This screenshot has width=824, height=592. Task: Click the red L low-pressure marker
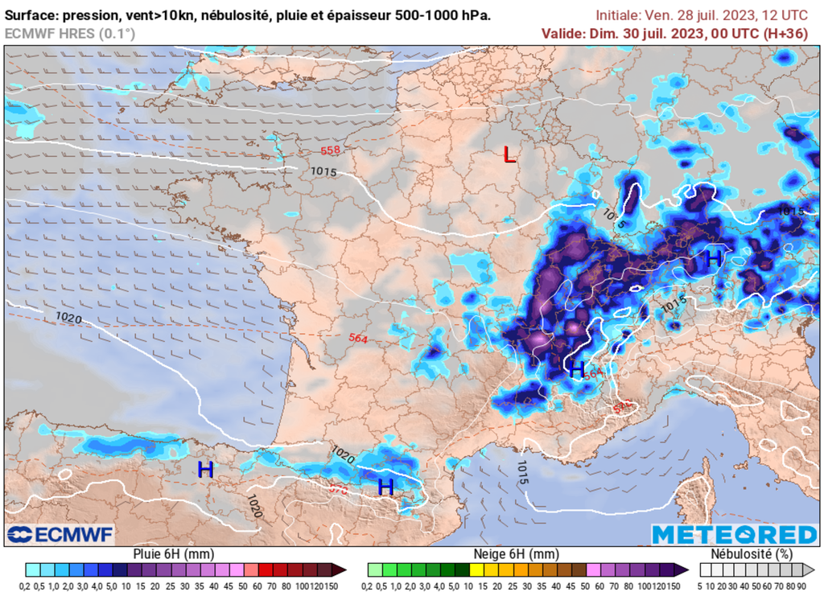[x=509, y=155]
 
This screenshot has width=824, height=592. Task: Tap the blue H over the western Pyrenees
[x=205, y=470]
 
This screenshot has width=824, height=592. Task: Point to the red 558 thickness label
[x=330, y=151]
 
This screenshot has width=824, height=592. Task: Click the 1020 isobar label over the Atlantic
[x=68, y=319]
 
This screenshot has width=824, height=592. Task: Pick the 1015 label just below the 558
[x=323, y=171]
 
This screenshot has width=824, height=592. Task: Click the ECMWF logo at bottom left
[x=60, y=534]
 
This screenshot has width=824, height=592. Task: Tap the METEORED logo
[x=733, y=535]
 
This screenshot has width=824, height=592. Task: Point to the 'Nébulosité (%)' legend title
[x=751, y=554]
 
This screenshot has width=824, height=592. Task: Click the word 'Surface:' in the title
[x=31, y=15]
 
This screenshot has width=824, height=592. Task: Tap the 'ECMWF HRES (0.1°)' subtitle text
[x=70, y=33]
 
